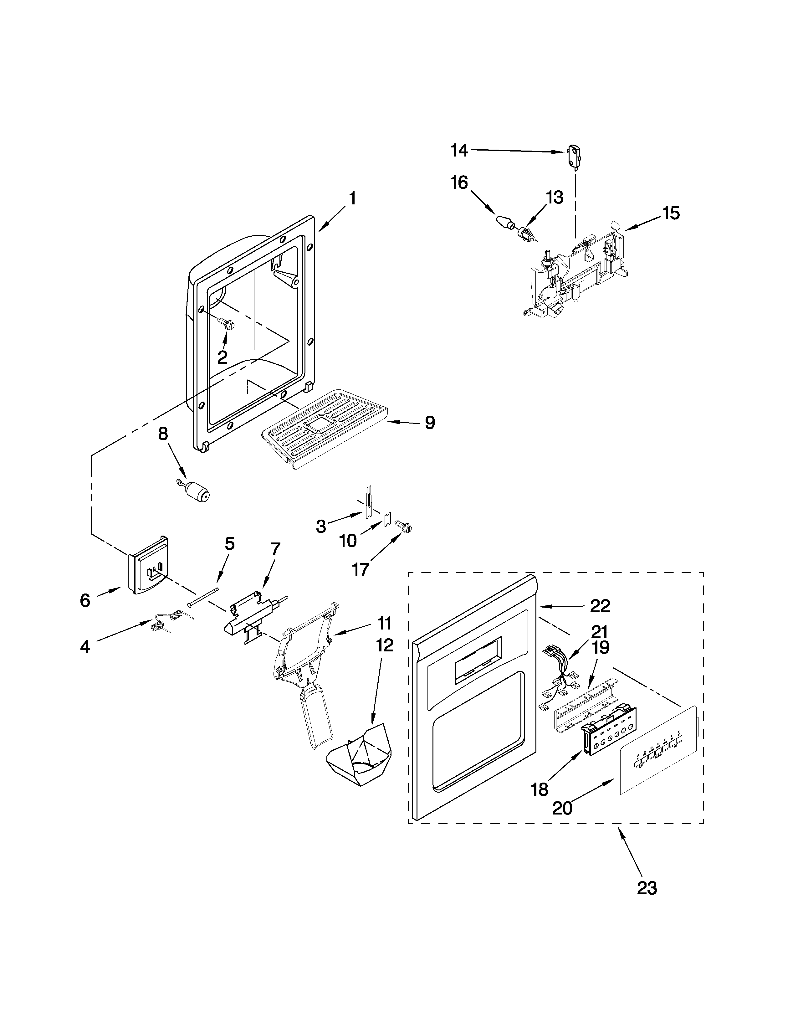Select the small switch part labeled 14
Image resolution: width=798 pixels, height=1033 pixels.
coord(573,157)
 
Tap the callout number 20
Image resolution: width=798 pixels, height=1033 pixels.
coord(562,808)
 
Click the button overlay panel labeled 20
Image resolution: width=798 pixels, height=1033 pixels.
coord(657,752)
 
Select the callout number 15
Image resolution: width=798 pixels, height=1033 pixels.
coord(670,213)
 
